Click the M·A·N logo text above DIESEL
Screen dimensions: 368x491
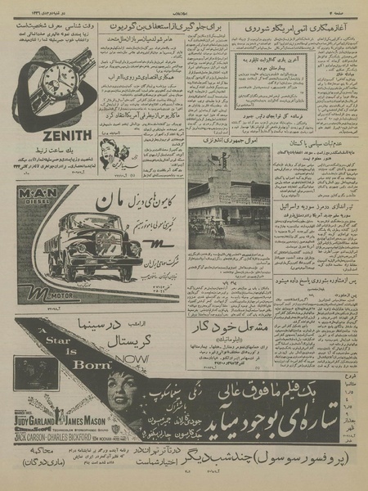(x=37, y=191)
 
